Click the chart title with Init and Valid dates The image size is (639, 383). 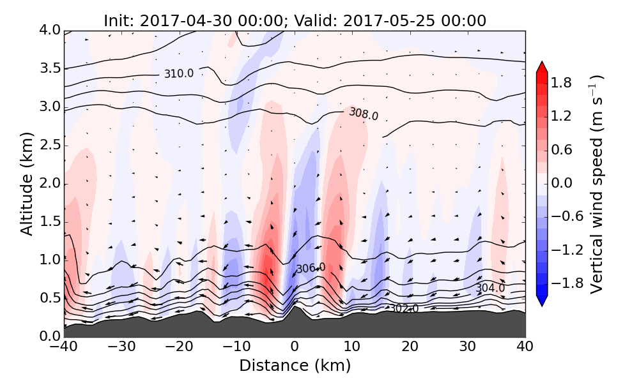295,20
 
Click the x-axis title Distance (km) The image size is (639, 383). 295,366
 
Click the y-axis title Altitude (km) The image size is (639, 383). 26,183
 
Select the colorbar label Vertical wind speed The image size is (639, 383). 596,184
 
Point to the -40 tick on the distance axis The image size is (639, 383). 64,347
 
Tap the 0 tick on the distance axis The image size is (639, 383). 295,347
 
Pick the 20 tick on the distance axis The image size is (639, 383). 410,347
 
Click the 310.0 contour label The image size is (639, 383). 178,74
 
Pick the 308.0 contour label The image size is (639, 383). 363,114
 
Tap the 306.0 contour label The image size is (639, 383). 311,268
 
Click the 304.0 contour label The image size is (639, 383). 490,289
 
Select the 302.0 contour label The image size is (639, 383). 404,309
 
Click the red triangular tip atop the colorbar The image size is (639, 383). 542,66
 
